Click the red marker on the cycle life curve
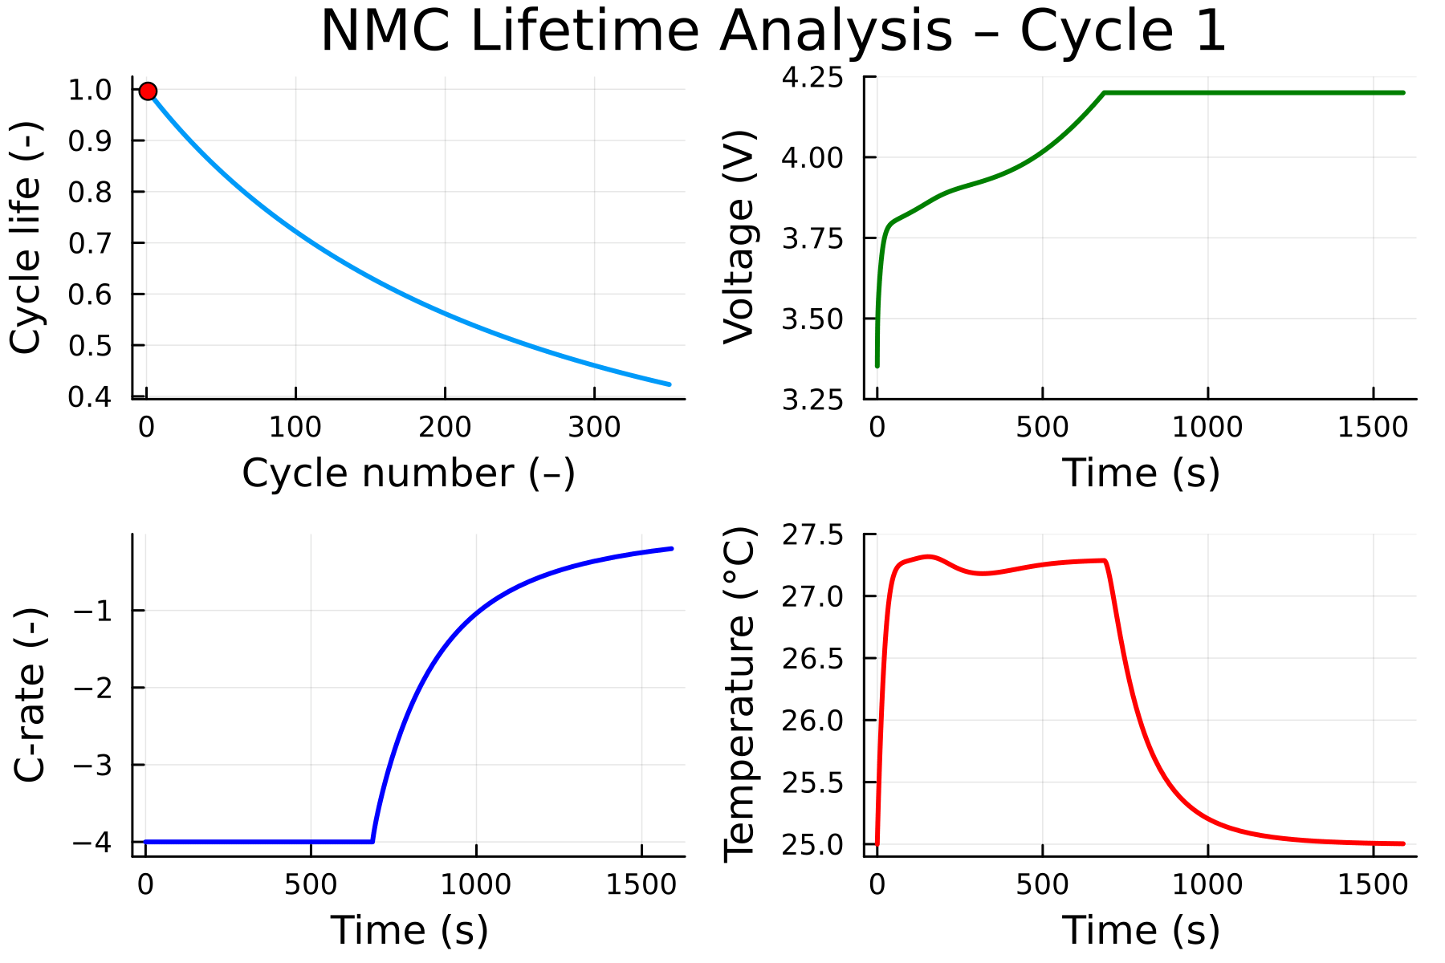point(148,91)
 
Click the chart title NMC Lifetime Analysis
point(773,32)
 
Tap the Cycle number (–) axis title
point(409,473)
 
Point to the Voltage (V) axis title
point(739,238)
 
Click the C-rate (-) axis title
point(31,695)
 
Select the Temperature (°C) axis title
point(739,695)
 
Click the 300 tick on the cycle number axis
point(594,428)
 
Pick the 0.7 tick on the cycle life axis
point(90,243)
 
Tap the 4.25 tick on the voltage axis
point(812,78)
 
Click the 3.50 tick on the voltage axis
point(812,319)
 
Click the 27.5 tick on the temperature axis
point(812,535)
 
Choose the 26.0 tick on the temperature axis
point(812,721)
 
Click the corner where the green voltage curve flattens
point(1105,93)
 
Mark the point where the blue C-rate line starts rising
point(372,841)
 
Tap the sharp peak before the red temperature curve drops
point(1105,561)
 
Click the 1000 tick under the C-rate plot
point(476,885)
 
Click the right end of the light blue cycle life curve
point(669,384)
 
